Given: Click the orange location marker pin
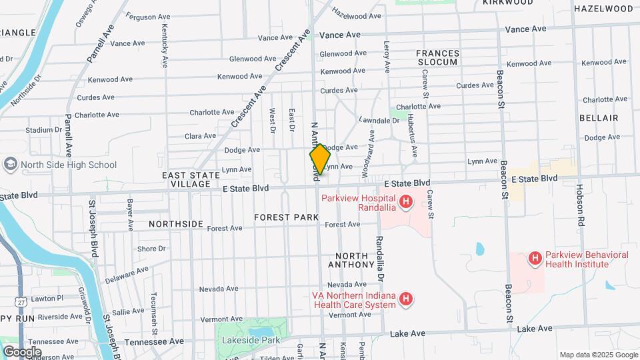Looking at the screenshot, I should (320, 160).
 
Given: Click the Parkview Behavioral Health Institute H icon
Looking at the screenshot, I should (534, 258).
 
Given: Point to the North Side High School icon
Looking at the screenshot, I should (10, 164).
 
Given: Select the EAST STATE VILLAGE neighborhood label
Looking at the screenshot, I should (191, 179).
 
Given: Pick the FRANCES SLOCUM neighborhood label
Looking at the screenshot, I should (437, 57).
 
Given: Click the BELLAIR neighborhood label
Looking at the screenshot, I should (599, 118).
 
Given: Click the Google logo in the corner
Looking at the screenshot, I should (21, 351).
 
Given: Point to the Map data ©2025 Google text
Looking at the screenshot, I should (598, 355).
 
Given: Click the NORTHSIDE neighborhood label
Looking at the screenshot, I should (176, 224).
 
